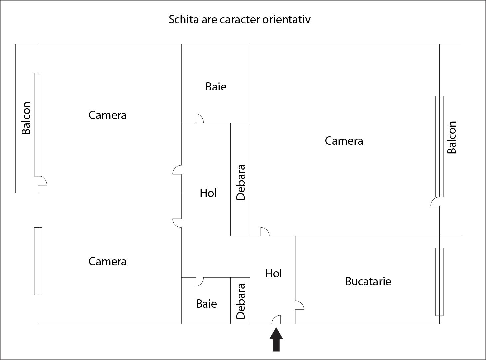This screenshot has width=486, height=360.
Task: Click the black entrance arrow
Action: point(276,339)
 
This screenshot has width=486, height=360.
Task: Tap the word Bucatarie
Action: point(368,281)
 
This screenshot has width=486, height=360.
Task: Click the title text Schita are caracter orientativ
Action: point(239,19)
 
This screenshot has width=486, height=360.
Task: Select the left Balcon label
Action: point(26,118)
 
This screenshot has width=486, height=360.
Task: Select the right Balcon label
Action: point(452,137)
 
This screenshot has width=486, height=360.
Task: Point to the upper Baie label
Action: point(216,87)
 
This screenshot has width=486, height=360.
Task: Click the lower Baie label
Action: point(206,304)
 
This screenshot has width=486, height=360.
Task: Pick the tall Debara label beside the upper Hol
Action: point(240,182)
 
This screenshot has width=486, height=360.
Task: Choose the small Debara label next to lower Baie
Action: point(240,301)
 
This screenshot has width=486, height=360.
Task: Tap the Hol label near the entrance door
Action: point(273,273)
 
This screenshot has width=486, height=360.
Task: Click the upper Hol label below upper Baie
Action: point(208,193)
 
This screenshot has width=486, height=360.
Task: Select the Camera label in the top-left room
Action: point(108,115)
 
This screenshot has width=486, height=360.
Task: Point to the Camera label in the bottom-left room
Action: point(108,262)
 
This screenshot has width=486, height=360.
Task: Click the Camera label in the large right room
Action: point(344,141)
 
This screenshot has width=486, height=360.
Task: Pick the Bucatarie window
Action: point(439,282)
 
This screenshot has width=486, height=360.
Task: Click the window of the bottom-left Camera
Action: point(38,261)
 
